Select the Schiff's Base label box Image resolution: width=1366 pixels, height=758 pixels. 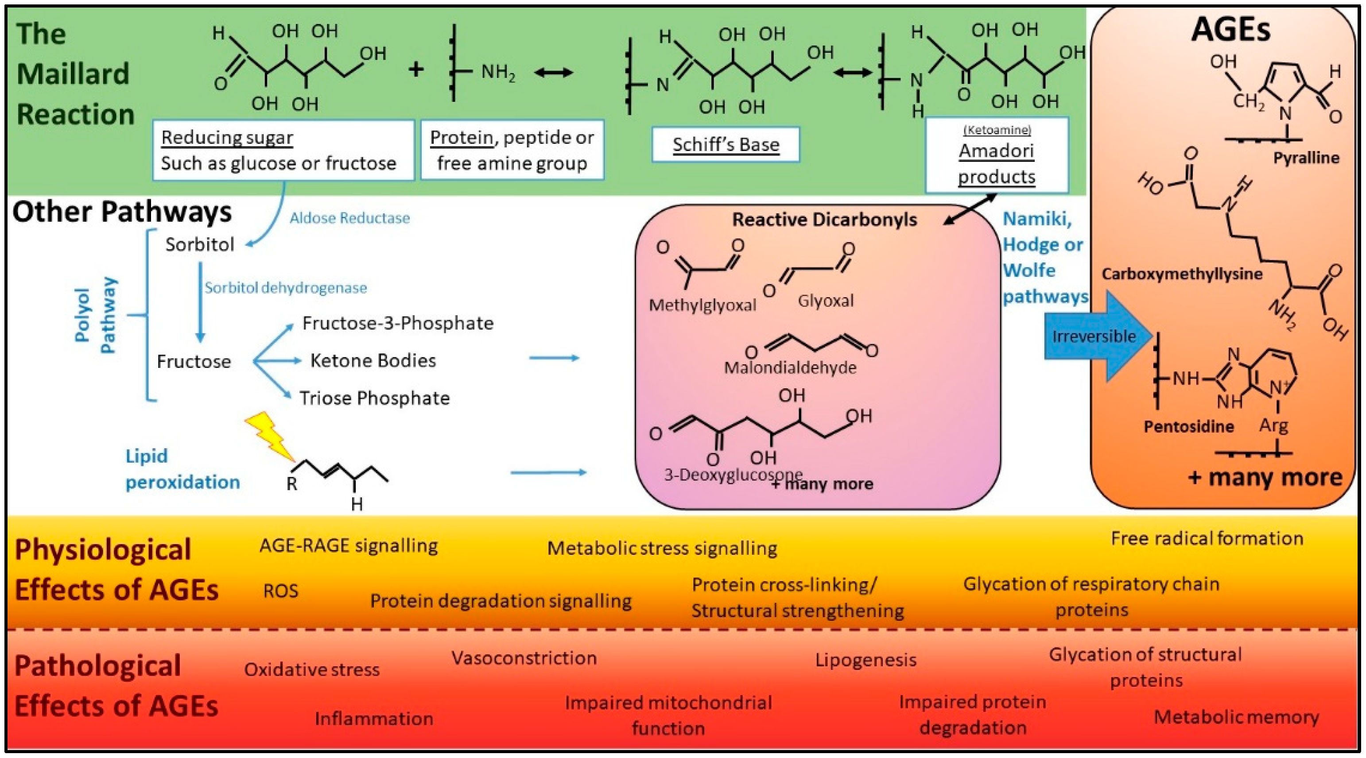tap(726, 144)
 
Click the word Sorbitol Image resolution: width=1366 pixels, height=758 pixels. tap(199, 244)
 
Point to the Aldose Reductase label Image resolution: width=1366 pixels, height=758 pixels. tap(349, 218)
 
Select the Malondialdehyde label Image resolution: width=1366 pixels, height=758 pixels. tap(790, 367)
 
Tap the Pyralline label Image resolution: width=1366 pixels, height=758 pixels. tap(1306, 158)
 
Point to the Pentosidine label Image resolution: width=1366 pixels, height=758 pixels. tap(1188, 426)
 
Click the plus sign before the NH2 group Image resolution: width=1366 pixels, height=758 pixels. tap(416, 70)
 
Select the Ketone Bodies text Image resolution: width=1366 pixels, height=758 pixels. tap(373, 360)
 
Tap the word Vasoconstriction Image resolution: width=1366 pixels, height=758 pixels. tap(524, 658)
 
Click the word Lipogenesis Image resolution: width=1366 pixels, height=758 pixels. tap(865, 660)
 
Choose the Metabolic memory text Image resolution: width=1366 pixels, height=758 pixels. tap(1236, 717)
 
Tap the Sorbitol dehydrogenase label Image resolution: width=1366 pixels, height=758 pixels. tap(286, 288)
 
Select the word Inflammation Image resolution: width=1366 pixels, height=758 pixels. tap(374, 719)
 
